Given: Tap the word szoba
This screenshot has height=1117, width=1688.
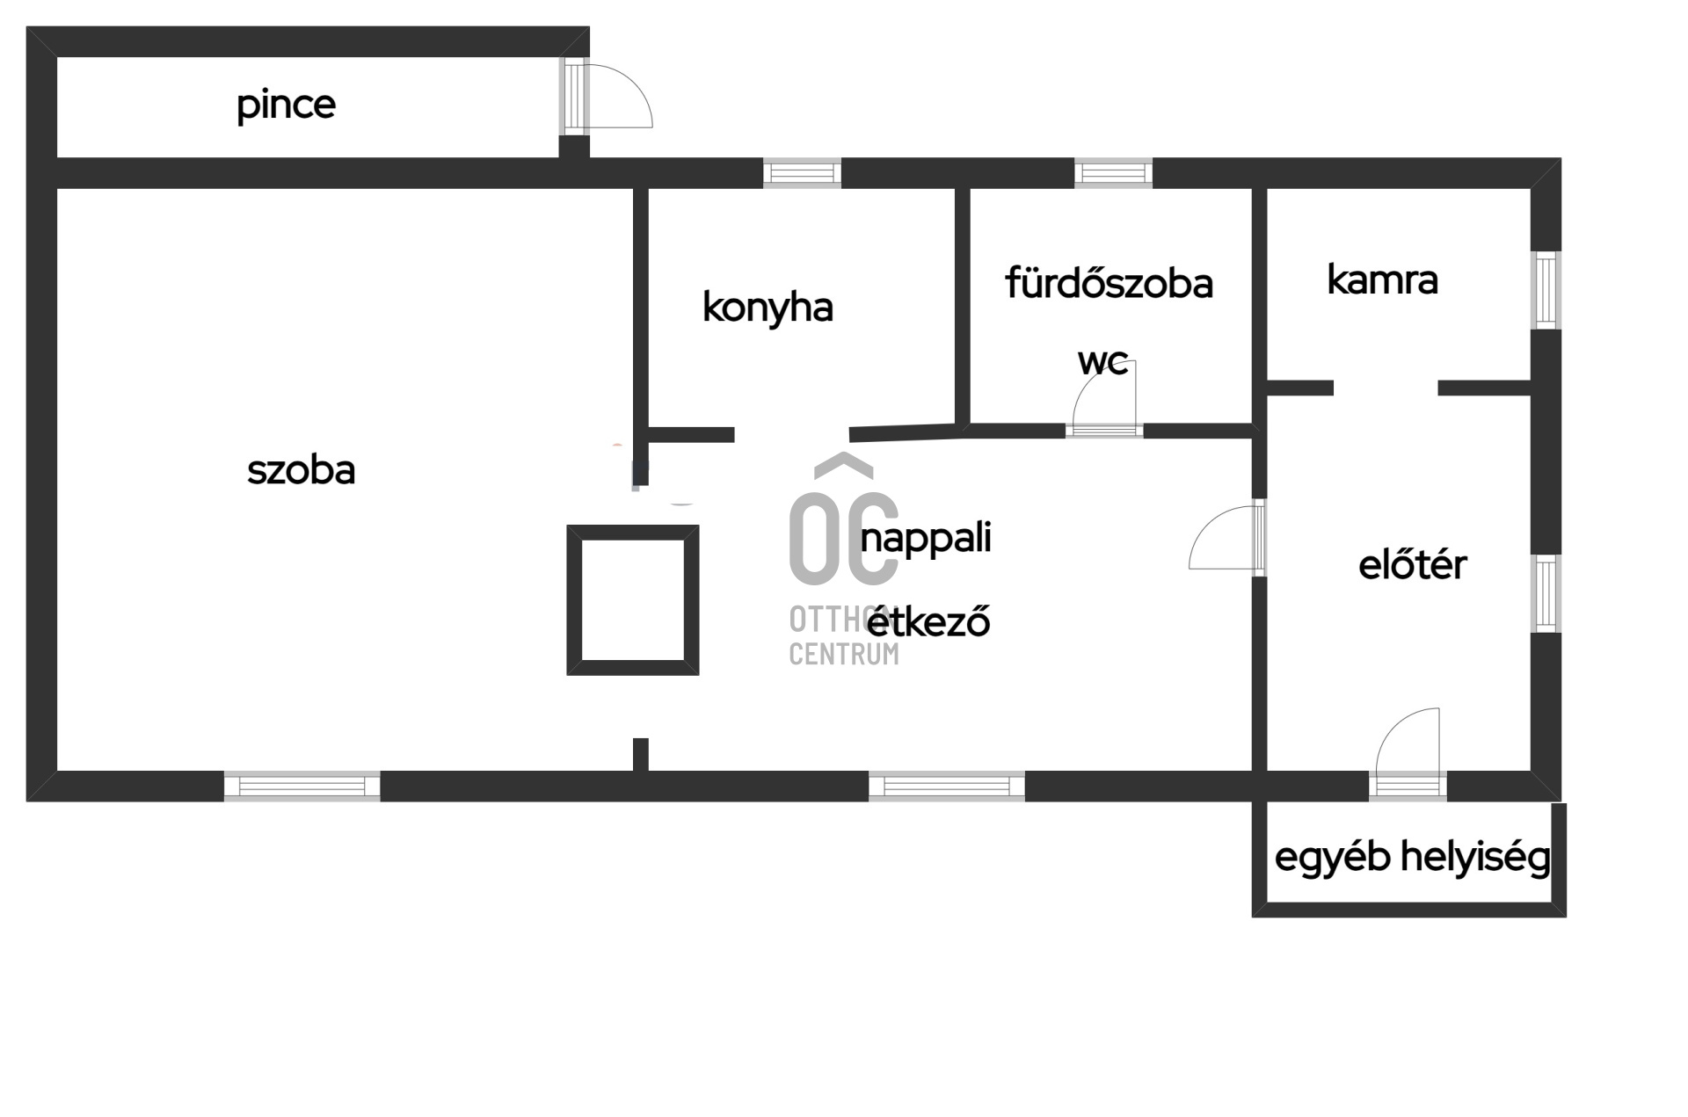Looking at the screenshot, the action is pyautogui.click(x=301, y=470).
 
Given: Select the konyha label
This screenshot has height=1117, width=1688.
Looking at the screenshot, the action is pyautogui.click(x=768, y=308).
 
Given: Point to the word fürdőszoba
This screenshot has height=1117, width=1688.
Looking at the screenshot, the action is pyautogui.click(x=1109, y=283).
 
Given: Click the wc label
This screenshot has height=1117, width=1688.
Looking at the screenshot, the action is pyautogui.click(x=1103, y=362).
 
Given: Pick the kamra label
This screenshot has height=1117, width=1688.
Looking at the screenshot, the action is pyautogui.click(x=1382, y=280).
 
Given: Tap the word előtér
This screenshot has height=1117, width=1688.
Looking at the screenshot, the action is pyautogui.click(x=1412, y=564).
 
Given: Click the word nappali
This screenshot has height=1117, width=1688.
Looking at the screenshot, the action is pyautogui.click(x=926, y=538).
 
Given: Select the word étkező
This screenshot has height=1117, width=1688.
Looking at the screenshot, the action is pyautogui.click(x=928, y=620).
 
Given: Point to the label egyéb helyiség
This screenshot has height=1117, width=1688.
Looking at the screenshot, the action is pyautogui.click(x=1412, y=858).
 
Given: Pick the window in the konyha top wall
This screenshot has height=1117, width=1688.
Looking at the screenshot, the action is pyautogui.click(x=802, y=173).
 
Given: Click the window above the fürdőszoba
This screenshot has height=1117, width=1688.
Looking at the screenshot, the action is pyautogui.click(x=1113, y=173).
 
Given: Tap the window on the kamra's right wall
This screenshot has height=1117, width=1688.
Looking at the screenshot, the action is pyautogui.click(x=1546, y=290).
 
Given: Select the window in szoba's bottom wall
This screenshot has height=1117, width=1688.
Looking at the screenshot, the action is pyautogui.click(x=302, y=786).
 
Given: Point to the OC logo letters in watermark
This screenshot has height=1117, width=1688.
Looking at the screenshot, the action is pyautogui.click(x=844, y=538).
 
